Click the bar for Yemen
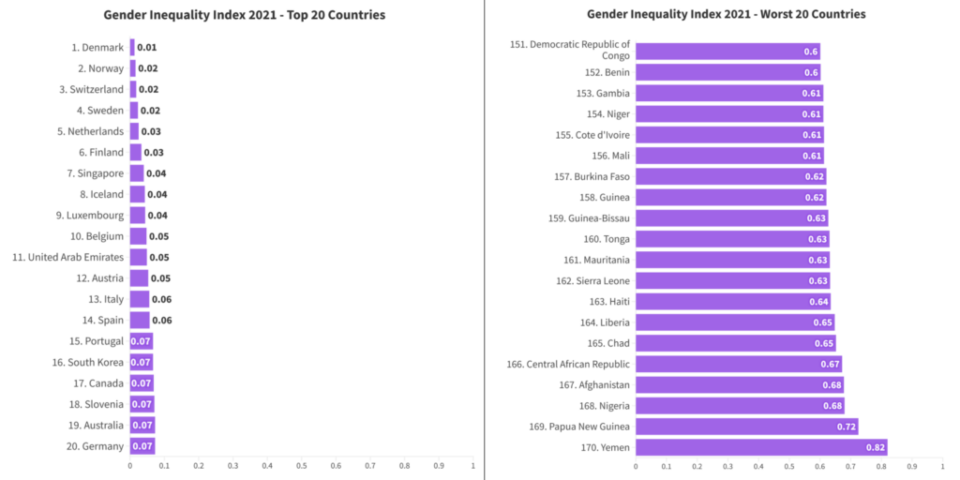[760, 447]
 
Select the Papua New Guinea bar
[746, 427]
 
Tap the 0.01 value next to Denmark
[146, 48]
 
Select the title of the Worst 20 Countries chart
[726, 15]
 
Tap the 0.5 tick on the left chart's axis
[301, 466]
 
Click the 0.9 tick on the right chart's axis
[912, 466]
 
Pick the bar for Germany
[142, 446]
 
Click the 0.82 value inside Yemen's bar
[874, 447]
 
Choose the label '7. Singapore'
[95, 173]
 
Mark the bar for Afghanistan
[739, 384]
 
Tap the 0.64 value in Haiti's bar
[818, 302]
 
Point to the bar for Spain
[139, 321]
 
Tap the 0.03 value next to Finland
[154, 153]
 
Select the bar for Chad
[735, 343]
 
